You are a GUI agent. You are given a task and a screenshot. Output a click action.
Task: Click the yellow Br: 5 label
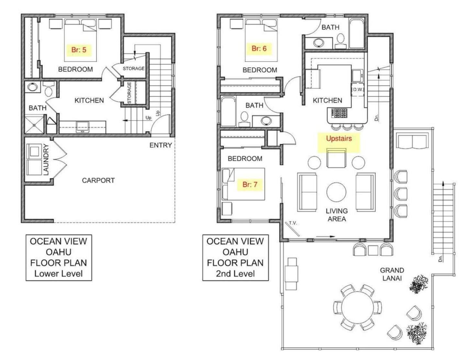(79, 50)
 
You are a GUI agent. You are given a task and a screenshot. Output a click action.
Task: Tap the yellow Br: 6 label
(259, 49)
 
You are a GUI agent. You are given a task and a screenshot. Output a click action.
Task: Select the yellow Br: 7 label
(250, 185)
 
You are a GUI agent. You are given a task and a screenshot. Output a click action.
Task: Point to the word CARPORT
(98, 180)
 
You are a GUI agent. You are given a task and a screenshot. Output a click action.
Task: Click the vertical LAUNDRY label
(46, 160)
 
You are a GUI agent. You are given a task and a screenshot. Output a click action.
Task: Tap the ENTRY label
(161, 145)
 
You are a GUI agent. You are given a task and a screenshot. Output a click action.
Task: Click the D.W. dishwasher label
(358, 90)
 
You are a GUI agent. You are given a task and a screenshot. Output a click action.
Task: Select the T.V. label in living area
(293, 223)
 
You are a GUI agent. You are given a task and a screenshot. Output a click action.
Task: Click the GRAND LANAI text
(392, 274)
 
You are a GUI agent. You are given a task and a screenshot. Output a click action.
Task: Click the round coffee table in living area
(336, 192)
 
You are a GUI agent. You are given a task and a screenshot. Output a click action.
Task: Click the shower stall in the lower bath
(34, 125)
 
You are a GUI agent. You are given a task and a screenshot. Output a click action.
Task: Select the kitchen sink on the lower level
(83, 128)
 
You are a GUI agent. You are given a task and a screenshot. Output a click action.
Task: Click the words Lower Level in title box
(59, 274)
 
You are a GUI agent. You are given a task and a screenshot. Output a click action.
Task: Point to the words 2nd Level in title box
(235, 274)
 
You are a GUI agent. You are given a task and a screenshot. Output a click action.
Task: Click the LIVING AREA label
(337, 215)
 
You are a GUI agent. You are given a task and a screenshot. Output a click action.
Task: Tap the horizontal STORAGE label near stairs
(134, 68)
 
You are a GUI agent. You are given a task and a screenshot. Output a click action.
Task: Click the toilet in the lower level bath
(48, 90)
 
